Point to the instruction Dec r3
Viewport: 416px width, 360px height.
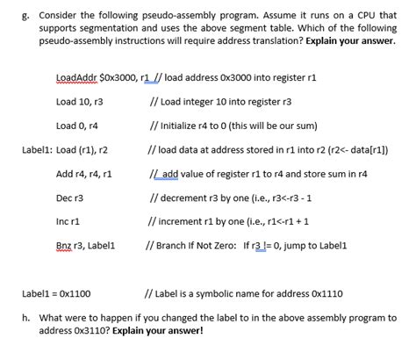[69, 198]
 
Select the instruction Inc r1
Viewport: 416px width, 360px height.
[68, 222]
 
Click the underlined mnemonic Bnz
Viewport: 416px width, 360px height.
[64, 246]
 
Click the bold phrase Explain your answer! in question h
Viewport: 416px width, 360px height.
[154, 331]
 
